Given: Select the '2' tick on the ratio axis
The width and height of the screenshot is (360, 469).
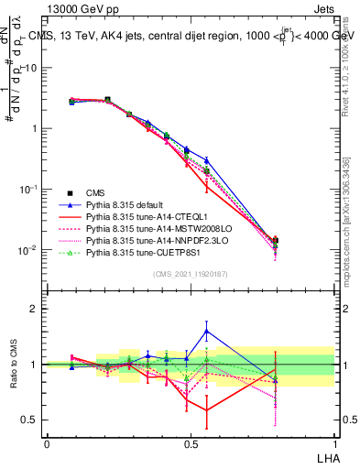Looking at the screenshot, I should (34, 309).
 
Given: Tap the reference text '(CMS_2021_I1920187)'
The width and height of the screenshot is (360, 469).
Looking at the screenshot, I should (190, 273).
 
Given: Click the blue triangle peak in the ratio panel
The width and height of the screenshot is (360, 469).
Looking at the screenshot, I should (207, 331).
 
